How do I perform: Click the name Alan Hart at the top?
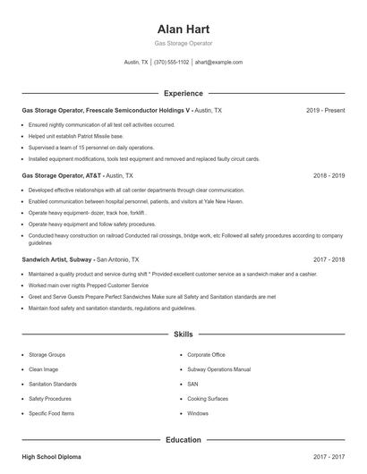183,29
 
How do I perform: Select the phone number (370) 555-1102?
172,63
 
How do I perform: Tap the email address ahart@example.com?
218,63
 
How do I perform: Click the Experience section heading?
183,93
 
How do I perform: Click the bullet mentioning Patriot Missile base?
75,136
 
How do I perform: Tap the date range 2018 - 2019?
329,176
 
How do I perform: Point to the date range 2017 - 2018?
329,259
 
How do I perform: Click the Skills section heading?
183,334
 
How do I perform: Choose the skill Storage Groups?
47,354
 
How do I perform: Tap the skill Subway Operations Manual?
218,369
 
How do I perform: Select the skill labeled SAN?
192,384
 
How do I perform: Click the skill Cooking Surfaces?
209,399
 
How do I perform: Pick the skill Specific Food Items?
52,414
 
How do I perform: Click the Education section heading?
183,440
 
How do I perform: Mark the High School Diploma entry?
51,457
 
